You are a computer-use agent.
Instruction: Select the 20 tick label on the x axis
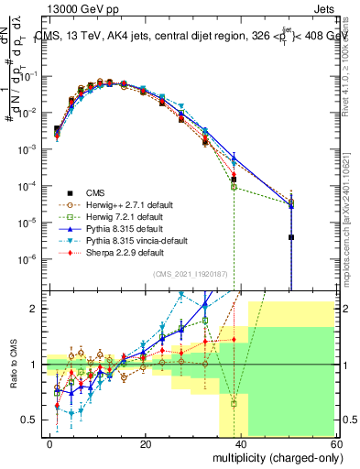146,443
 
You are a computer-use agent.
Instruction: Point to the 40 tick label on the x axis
240,443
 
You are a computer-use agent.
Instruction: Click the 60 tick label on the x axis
333,443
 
